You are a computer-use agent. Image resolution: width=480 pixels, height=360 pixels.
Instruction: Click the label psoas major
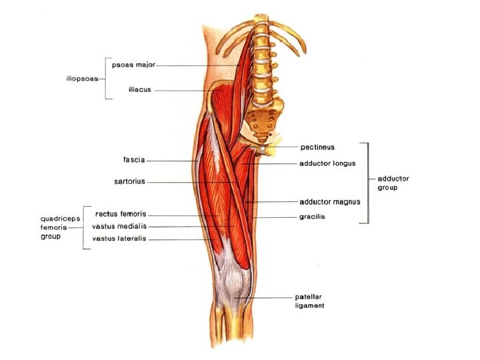point(134,65)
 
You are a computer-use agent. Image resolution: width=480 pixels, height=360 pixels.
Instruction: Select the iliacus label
point(141,89)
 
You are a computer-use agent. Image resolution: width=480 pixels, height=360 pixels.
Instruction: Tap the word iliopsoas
point(82,78)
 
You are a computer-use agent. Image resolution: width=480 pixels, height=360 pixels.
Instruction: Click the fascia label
point(134,160)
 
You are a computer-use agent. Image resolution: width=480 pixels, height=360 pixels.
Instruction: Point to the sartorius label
point(129,181)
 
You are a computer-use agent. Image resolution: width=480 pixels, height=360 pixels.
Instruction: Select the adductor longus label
point(327,163)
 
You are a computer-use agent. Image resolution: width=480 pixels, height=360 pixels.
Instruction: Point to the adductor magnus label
point(330,201)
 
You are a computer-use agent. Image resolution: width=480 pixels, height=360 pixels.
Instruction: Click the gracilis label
point(313,217)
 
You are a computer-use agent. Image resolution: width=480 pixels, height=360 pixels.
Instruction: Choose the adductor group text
point(393,183)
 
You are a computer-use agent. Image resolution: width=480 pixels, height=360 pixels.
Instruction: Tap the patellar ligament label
point(310,301)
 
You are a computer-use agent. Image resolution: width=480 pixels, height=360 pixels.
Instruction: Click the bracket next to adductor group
point(367,183)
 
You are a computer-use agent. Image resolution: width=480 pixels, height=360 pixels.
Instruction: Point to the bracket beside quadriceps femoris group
point(83,227)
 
